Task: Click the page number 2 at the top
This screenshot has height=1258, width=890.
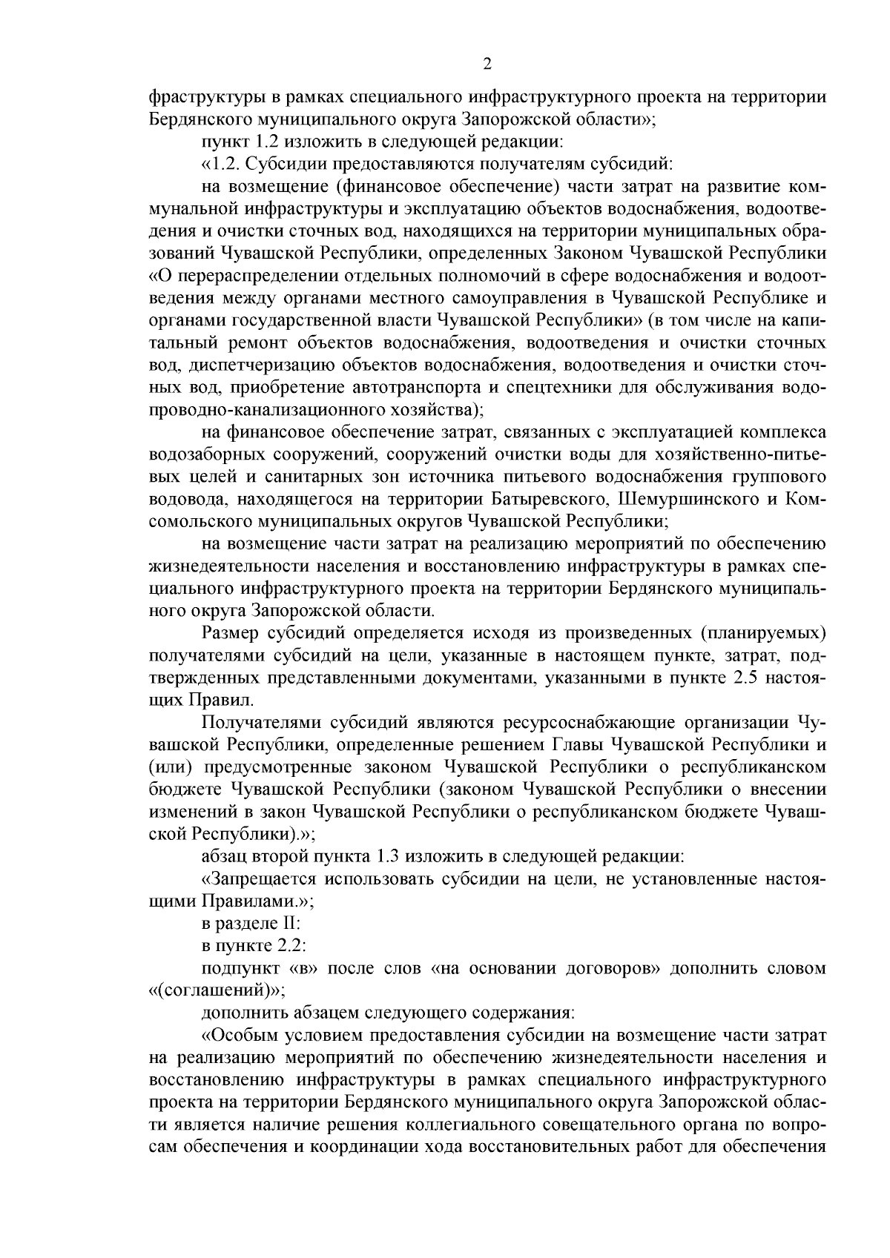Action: [487, 64]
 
